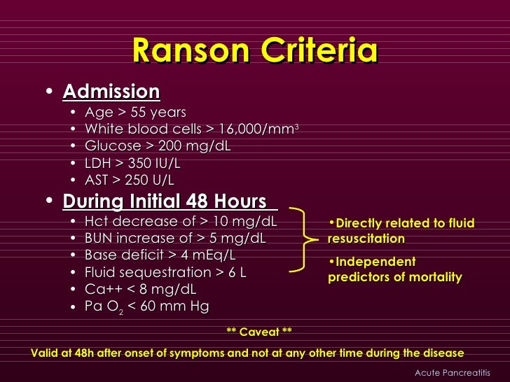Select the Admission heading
[111, 92]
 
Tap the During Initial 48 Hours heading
[166, 201]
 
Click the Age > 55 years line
[136, 112]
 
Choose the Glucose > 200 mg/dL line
[158, 146]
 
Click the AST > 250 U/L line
[130, 179]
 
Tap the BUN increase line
[175, 239]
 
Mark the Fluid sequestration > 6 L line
[165, 272]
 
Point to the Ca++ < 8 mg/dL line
[141, 289]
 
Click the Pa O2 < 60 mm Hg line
[147, 306]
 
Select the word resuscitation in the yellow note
[366, 239]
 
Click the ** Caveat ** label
[259, 332]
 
